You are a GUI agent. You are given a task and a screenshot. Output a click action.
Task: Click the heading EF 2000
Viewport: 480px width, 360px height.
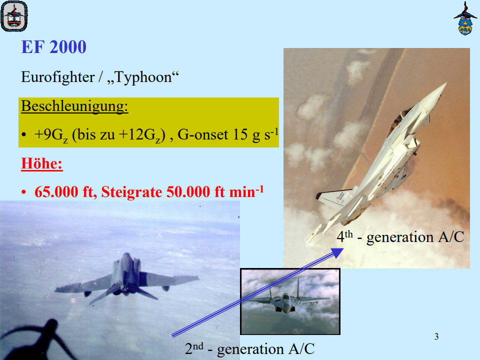(53, 47)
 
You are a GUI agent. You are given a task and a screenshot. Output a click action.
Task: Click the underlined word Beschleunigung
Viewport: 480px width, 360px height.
(74, 106)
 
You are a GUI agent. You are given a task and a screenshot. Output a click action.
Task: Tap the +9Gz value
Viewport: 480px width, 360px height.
(51, 135)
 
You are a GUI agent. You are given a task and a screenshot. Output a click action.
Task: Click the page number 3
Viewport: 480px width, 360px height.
(436, 336)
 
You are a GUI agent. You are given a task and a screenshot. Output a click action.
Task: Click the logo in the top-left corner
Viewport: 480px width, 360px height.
(13, 15)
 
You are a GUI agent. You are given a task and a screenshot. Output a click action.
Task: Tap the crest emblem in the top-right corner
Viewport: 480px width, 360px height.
(465, 18)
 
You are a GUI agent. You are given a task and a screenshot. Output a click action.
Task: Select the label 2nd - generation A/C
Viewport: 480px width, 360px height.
(249, 348)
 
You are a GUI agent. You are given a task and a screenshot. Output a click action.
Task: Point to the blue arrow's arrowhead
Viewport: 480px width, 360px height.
(337, 251)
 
